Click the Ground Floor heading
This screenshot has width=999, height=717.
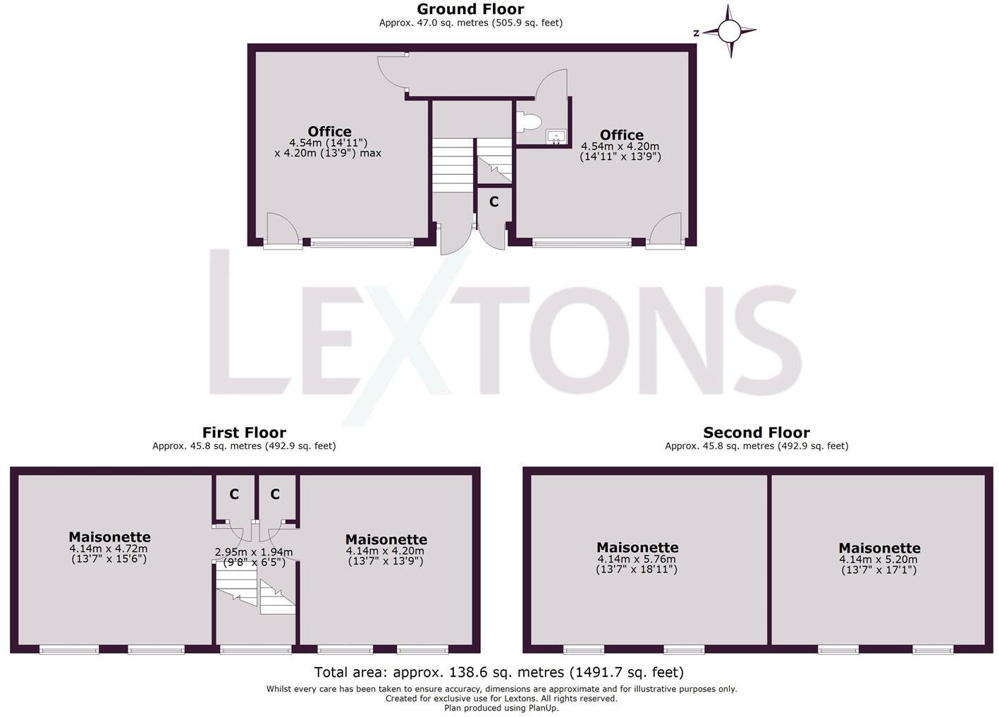point(470,9)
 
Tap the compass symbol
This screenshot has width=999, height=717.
point(729,31)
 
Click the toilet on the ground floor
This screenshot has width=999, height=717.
point(527,123)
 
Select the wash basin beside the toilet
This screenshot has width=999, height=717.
point(556,136)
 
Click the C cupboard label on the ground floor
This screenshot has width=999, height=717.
point(494,202)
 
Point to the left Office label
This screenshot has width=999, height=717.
point(329,131)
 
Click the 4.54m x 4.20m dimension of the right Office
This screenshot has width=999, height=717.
point(620,147)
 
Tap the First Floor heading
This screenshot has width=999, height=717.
point(244,432)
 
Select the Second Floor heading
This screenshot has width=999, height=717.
point(756,432)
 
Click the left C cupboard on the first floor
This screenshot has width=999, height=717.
point(233,494)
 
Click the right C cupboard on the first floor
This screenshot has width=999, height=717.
point(275,494)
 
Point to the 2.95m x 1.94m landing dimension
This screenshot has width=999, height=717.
point(254,552)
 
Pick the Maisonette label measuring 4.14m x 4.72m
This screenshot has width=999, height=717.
point(109,537)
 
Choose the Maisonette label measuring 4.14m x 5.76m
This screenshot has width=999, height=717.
point(637,547)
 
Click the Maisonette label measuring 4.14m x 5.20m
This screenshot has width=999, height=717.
point(879,548)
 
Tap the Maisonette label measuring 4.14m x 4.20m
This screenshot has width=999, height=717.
point(386,539)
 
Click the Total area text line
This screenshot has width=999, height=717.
point(498,672)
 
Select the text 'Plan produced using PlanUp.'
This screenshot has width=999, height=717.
point(501,708)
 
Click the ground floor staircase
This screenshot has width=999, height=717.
point(452,164)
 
